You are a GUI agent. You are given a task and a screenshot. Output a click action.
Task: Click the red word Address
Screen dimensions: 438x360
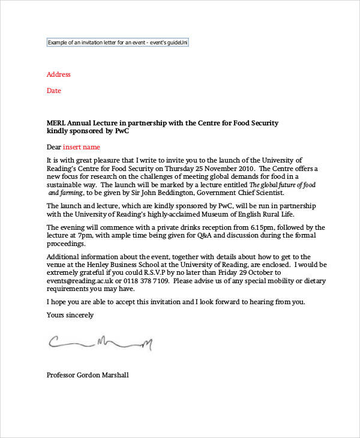[x=58, y=74]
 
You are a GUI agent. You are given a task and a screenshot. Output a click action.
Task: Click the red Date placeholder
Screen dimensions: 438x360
[x=53, y=91]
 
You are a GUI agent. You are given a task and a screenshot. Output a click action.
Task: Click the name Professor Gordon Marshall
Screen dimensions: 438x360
[x=87, y=375]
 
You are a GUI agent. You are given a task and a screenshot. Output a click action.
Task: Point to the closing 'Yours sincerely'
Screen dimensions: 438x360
[x=70, y=314]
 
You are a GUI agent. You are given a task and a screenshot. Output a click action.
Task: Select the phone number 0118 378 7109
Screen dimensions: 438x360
[x=143, y=281]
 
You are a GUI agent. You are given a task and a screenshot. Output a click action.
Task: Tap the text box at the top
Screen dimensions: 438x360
[x=118, y=43]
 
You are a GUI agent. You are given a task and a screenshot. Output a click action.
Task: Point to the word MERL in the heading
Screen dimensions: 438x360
[x=56, y=123]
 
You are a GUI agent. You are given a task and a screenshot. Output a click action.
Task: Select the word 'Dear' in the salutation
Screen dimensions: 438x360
[x=54, y=147]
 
